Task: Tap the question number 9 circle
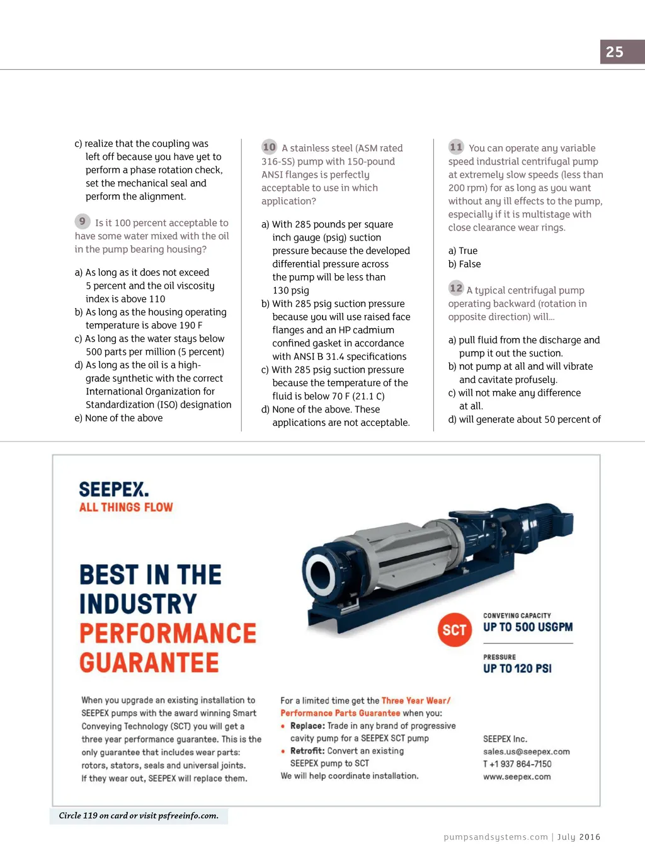point(82,222)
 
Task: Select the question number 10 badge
point(269,147)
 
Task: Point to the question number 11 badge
point(456,147)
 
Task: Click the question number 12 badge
point(456,289)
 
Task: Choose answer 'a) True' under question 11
point(463,251)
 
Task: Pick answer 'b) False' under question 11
point(465,264)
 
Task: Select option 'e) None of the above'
point(119,418)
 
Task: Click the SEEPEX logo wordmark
point(113,489)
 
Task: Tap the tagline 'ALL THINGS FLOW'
point(126,507)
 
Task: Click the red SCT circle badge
point(454,630)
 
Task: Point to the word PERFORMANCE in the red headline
point(168,633)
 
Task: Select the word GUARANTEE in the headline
point(149,663)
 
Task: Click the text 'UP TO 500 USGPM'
point(528,627)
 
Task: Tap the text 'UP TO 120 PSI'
point(517,668)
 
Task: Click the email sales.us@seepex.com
point(526,752)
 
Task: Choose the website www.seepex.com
point(517,777)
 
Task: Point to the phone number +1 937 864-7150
point(520,764)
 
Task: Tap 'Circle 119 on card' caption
point(139,816)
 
